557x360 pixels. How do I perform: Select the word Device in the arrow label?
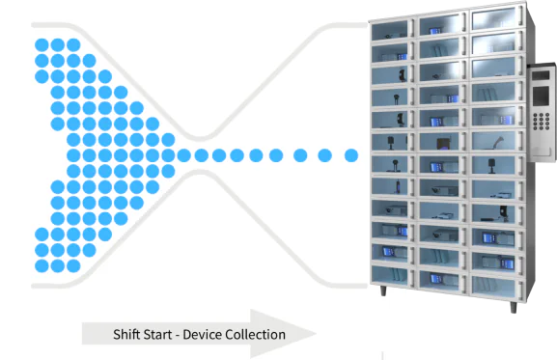[x=212, y=335]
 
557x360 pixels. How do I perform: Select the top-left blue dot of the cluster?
[x=42, y=44]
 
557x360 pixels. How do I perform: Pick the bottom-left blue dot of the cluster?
[x=42, y=264]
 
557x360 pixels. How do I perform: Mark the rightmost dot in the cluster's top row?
[x=72, y=44]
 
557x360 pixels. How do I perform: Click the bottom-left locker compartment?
[x=393, y=275]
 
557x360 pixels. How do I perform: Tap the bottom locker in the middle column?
[x=442, y=280]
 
